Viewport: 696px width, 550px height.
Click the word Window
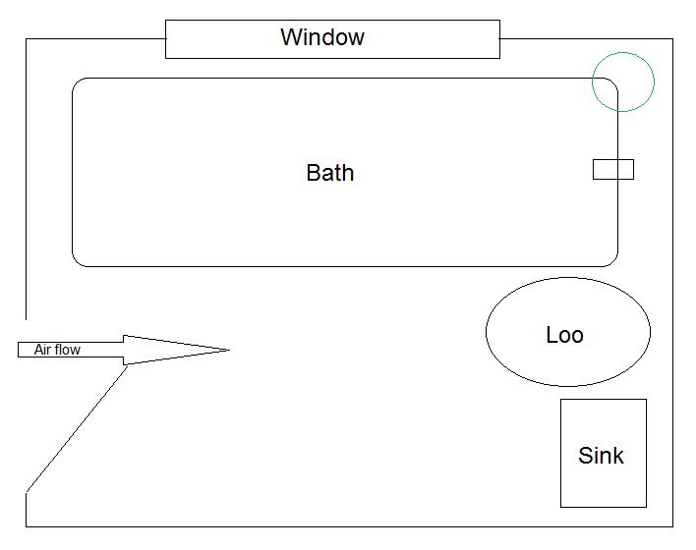point(322,37)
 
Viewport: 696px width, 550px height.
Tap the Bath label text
point(330,173)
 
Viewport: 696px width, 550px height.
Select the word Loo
point(564,335)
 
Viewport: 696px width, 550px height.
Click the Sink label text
point(601,456)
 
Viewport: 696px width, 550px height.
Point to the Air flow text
point(57,350)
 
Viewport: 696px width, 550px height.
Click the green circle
point(623,82)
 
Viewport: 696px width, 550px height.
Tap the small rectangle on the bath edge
point(613,169)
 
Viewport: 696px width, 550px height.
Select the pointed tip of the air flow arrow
point(227,350)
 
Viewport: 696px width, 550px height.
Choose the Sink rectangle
point(603,486)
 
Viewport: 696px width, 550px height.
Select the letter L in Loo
point(551,335)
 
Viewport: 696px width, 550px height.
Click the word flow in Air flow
point(68,350)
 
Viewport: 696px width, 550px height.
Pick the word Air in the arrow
point(43,350)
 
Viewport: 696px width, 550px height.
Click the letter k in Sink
point(617,456)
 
